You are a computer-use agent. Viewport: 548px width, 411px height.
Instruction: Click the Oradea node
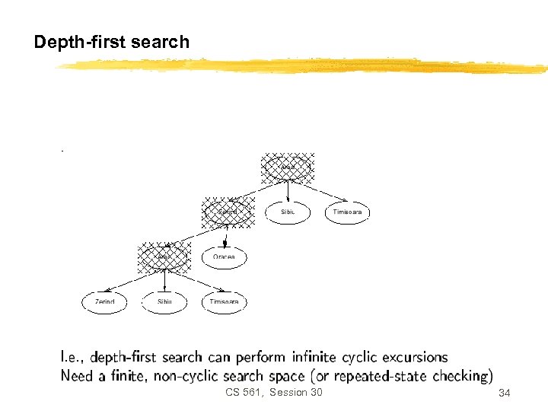pos(224,257)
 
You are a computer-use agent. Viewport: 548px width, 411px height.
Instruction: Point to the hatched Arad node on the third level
pos(164,257)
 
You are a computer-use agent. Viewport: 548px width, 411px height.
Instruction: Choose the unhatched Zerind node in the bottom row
pos(104,302)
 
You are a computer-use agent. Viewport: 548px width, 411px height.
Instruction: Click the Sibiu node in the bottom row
pos(165,302)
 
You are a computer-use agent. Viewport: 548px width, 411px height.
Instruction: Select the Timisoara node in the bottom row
pos(225,302)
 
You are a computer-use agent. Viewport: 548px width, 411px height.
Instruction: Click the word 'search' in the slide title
pos(160,43)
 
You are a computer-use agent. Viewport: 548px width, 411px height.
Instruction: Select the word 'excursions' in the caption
pos(414,357)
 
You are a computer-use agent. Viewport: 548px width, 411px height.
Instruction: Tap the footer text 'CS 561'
pos(243,392)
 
